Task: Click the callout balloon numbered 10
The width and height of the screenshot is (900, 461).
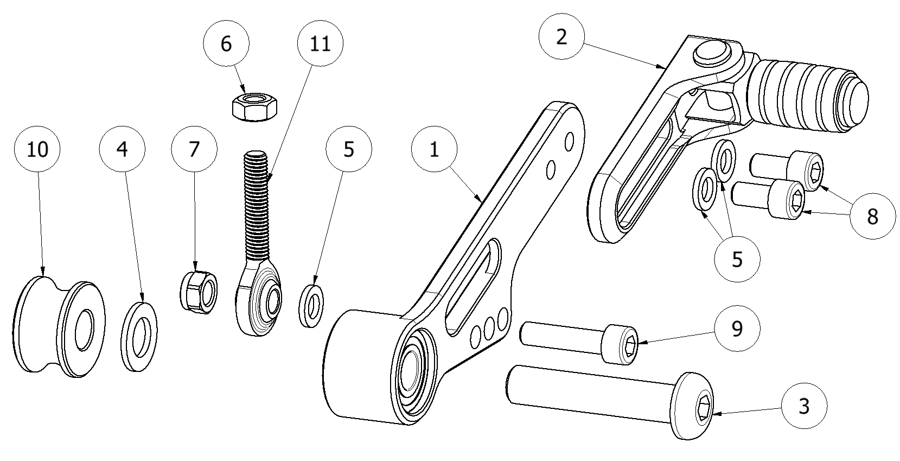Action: click(x=38, y=150)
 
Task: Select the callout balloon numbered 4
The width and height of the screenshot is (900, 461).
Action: click(x=123, y=150)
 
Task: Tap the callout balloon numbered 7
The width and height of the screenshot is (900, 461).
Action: click(x=194, y=150)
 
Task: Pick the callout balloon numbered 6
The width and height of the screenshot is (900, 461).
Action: click(x=226, y=44)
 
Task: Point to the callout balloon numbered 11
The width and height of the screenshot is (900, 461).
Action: click(x=321, y=44)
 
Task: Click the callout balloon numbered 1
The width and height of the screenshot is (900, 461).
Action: click(x=434, y=150)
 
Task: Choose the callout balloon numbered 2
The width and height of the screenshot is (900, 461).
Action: click(x=561, y=37)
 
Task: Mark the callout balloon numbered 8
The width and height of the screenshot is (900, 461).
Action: click(x=872, y=217)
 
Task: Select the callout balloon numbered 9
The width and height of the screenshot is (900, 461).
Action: click(x=737, y=329)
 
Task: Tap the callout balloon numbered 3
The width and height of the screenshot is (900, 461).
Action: click(x=804, y=406)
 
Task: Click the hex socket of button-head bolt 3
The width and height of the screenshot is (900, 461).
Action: click(x=703, y=408)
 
